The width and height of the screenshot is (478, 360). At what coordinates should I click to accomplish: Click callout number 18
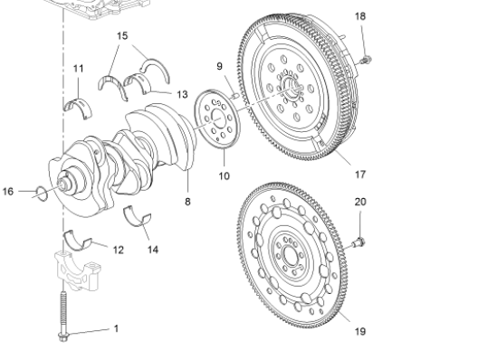point(360,16)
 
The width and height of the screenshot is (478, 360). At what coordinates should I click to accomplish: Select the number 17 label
point(359,174)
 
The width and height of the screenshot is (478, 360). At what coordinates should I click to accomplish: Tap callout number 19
point(359,331)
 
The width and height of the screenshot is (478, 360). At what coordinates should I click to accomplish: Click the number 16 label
point(8,192)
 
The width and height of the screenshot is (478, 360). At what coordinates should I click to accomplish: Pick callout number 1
point(116,328)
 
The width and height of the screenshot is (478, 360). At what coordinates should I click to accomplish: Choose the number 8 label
point(187,202)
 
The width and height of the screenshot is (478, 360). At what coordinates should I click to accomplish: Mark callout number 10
point(224,175)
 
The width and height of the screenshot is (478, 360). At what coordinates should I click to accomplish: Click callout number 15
point(123,35)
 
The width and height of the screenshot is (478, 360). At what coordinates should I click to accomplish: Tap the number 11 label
point(78,69)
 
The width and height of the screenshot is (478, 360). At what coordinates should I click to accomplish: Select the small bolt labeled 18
point(366,60)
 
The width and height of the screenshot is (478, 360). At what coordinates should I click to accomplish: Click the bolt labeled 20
point(358,242)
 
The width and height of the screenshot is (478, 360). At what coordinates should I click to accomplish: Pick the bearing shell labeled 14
point(139,215)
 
